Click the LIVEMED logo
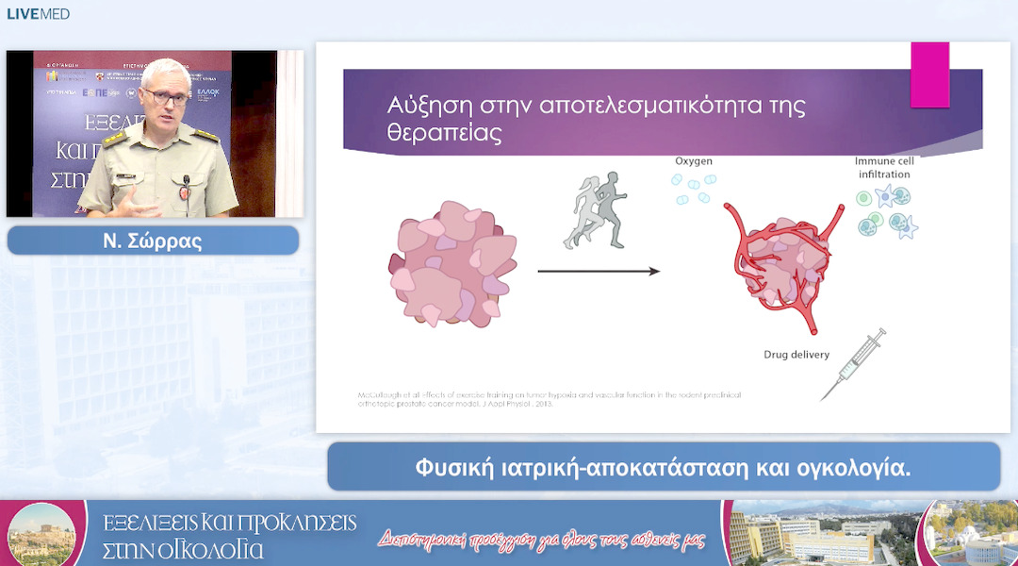(39, 14)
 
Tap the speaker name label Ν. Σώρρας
(153, 241)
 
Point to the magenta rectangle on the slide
(929, 75)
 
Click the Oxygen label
(693, 160)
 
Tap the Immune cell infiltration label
(883, 167)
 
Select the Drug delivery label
(796, 355)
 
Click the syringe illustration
(854, 362)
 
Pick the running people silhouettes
(597, 209)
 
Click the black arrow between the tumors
(599, 272)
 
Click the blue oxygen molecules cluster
(697, 188)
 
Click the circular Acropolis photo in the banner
(41, 534)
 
